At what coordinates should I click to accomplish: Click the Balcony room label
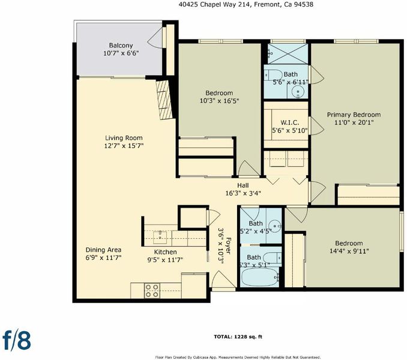121,46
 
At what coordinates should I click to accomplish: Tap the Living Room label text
124,138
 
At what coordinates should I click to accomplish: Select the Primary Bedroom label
354,115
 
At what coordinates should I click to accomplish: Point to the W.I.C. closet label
290,122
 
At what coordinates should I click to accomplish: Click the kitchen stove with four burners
152,290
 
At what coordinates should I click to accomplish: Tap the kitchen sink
160,237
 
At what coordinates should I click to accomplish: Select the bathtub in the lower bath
260,278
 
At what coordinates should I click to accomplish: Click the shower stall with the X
288,53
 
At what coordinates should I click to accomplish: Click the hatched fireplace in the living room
164,100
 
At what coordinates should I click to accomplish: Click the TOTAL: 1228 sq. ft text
238,337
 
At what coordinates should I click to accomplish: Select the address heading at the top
246,4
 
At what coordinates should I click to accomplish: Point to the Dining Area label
103,250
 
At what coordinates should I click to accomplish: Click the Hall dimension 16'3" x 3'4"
243,193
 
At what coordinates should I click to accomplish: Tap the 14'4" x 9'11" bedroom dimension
349,251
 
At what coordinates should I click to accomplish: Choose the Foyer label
228,245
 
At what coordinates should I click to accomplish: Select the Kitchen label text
165,252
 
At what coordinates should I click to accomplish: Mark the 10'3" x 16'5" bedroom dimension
219,101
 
